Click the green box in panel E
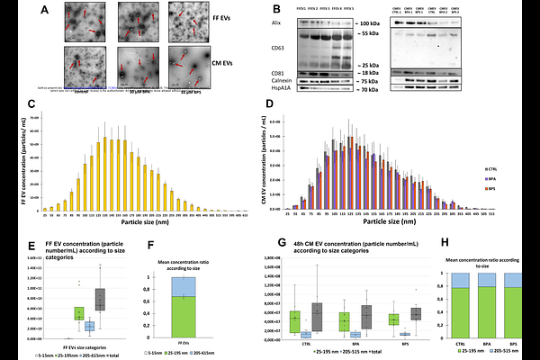(79, 313)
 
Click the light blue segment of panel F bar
(184, 286)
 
